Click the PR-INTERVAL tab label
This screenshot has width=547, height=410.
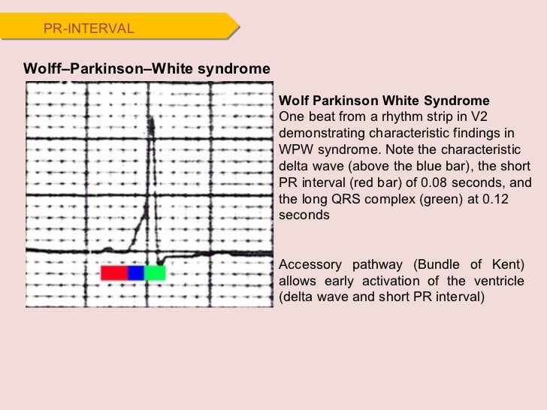[89, 29]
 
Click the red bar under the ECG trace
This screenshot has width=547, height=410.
[114, 273]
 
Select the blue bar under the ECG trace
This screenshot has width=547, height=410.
[136, 273]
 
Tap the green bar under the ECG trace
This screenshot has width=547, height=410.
[155, 273]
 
